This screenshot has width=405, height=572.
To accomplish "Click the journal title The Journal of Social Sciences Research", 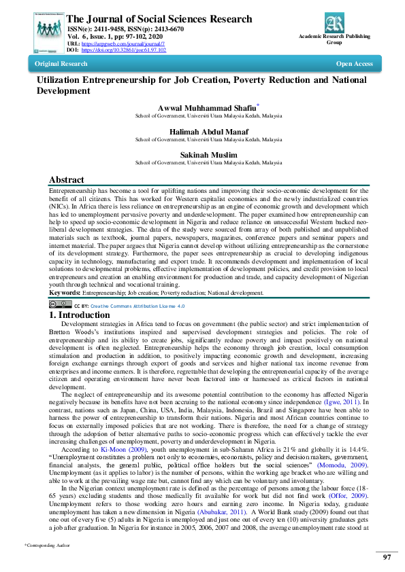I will (x=159, y=20).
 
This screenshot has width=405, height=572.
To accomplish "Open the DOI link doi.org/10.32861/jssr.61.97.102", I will (x=123, y=50).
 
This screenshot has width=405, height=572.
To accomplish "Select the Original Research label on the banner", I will (x=61, y=64).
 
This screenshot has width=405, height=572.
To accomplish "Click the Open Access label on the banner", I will (x=354, y=64).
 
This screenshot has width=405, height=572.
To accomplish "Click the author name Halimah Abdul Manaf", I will (x=208, y=131).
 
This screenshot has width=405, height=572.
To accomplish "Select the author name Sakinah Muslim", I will (x=208, y=155).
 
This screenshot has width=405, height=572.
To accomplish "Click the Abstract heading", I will (x=67, y=180).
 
